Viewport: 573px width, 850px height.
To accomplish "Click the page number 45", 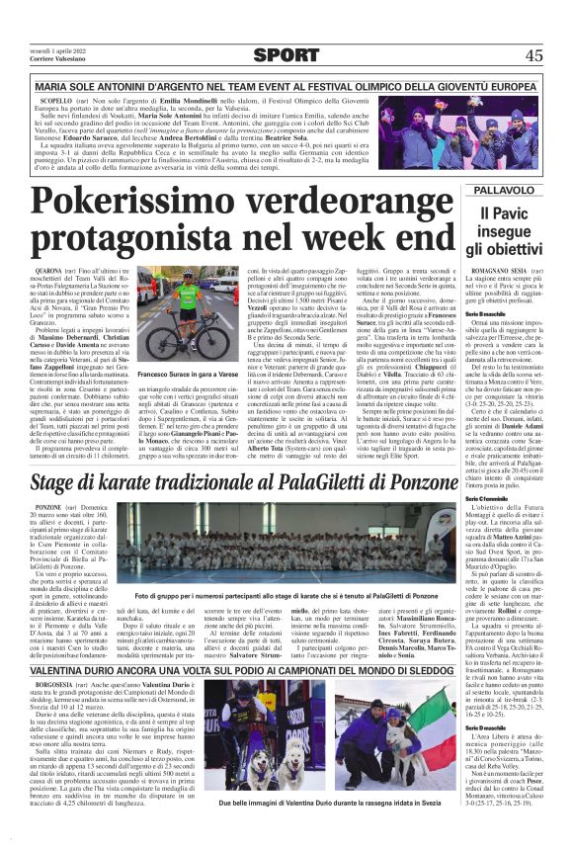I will pos(534,55).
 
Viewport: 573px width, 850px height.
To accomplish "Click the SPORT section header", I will pos(286,55).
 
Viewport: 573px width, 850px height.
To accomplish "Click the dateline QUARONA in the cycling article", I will pos(49,271).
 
